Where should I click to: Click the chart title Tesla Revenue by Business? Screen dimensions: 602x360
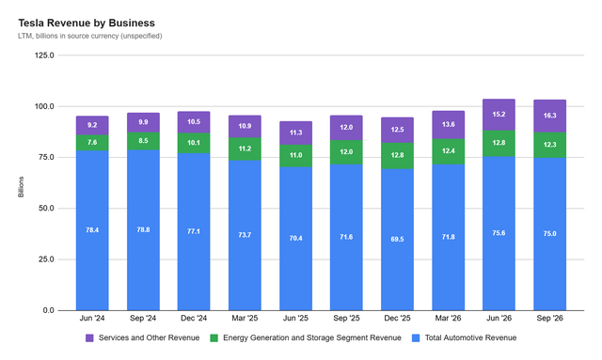[87, 23]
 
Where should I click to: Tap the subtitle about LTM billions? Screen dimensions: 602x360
[90, 36]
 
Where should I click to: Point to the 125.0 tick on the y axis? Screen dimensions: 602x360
[44, 55]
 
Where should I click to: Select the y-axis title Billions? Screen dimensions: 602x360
[21, 187]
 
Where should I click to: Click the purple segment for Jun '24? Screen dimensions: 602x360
[92, 126]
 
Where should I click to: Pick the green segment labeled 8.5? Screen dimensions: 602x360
[143, 141]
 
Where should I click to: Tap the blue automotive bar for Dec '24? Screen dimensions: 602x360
[194, 232]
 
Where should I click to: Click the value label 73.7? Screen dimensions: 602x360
[245, 235]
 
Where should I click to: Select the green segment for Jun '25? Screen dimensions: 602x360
[295, 156]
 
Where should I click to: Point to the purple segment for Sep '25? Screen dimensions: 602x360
[346, 128]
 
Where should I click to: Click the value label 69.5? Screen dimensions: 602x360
[397, 239]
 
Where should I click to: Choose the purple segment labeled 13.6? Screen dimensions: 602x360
[449, 125]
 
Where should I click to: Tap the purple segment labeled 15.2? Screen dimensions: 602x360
[499, 115]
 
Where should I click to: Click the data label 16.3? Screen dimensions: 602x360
[549, 116]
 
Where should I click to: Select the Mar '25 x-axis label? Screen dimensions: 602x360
[245, 318]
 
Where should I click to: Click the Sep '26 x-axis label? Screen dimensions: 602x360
[549, 318]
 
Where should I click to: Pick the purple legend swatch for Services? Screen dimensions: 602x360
[89, 338]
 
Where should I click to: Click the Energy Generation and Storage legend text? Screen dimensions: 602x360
[312, 337]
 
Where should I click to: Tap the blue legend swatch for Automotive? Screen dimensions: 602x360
[416, 338]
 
